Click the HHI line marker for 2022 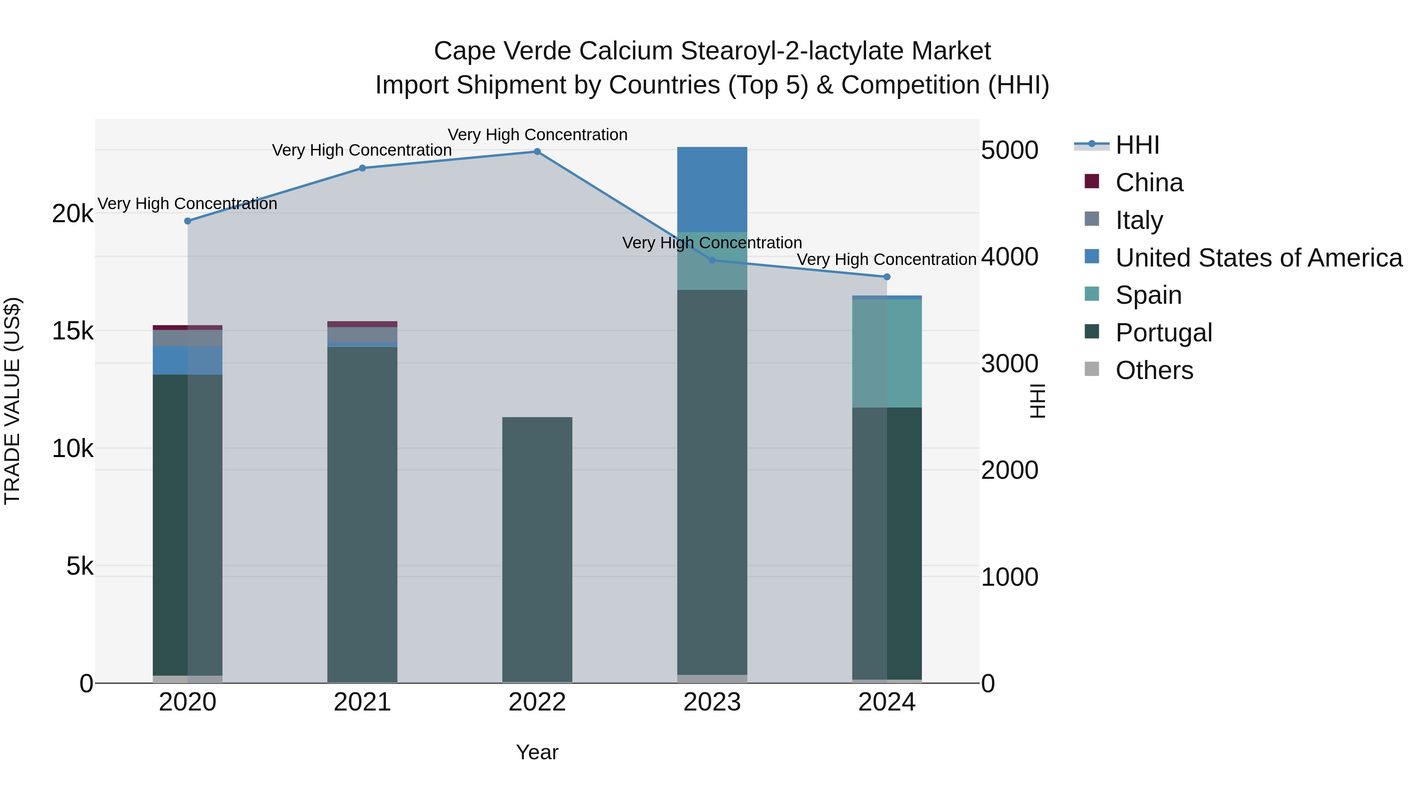point(537,152)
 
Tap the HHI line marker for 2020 point(188,221)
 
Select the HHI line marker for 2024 point(887,277)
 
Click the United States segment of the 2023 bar point(712,189)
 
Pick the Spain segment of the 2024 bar point(887,353)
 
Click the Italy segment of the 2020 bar point(188,338)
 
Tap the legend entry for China point(1149,183)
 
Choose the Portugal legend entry point(1163,333)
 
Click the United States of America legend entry point(1258,258)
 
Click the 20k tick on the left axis point(72,213)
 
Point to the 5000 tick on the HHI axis point(1009,150)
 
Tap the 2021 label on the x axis point(362,702)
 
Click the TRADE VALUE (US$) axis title point(12,401)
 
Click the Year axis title point(537,752)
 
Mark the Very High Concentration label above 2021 point(362,150)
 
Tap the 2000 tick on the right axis point(1009,471)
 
